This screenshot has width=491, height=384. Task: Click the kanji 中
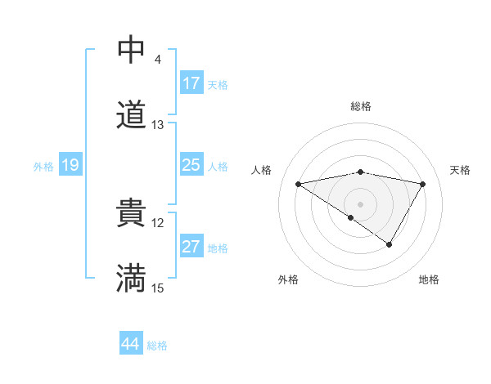pyautogui.click(x=131, y=51)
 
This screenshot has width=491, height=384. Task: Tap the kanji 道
pyautogui.click(x=131, y=114)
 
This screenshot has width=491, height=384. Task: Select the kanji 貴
pyautogui.click(x=131, y=215)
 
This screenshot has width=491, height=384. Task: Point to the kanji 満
pyautogui.click(x=131, y=278)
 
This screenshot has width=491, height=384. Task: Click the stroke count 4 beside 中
pyautogui.click(x=157, y=60)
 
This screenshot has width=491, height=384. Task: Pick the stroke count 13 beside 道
pyautogui.click(x=158, y=125)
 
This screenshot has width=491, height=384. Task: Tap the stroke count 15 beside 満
pyautogui.click(x=158, y=288)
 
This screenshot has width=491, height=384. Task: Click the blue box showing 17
pyautogui.click(x=191, y=83)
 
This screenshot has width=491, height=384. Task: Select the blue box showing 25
pyautogui.click(x=191, y=166)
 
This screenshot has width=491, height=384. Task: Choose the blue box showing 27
pyautogui.click(x=191, y=248)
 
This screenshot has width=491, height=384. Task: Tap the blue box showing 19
pyautogui.click(x=70, y=166)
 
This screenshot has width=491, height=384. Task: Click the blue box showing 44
pyautogui.click(x=130, y=344)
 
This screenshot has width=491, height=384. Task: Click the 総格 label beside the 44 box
pyautogui.click(x=157, y=346)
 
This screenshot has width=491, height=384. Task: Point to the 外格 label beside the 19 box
pyautogui.click(x=43, y=167)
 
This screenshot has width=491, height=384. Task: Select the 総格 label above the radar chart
pyautogui.click(x=361, y=106)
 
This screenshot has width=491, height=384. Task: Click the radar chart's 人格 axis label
pyautogui.click(x=263, y=170)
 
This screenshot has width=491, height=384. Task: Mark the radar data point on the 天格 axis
pyautogui.click(x=423, y=184)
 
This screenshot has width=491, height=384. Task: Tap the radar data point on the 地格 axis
pyautogui.click(x=390, y=244)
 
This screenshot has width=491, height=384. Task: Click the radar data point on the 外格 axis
pyautogui.click(x=351, y=217)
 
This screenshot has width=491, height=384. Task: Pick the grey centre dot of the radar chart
pyautogui.click(x=361, y=203)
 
